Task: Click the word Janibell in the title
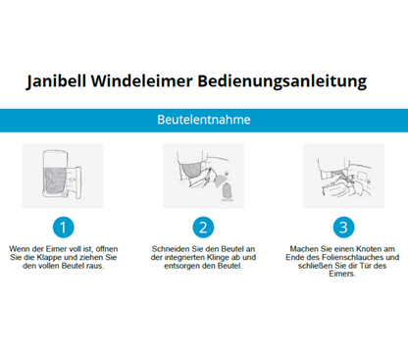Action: coord(56,81)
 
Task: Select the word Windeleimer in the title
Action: coord(142,80)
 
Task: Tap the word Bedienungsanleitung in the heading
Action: coord(282,81)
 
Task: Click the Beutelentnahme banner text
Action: coord(204,120)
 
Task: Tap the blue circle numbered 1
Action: coord(64,228)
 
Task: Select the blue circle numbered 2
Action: coord(203,228)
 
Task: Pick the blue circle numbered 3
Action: coord(343,228)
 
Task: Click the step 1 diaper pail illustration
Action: coord(63,176)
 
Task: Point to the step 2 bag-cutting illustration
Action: coord(203,176)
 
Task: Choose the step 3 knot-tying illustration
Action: coord(343,176)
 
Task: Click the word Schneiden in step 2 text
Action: coord(167,249)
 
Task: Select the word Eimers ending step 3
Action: coord(342,274)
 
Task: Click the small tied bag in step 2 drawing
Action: coord(228,191)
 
